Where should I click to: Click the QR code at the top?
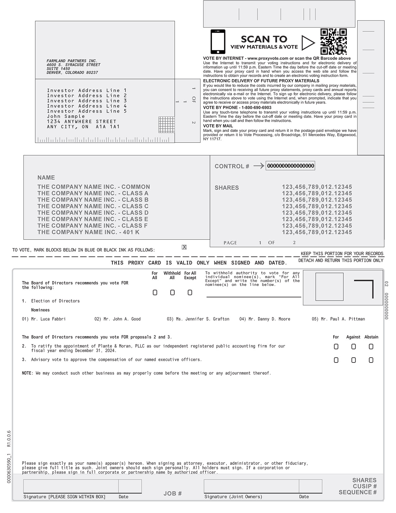[x=333, y=42]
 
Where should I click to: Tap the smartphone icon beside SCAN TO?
[x=218, y=42]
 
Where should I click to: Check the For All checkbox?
[x=155, y=293]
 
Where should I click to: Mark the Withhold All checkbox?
[x=172, y=293]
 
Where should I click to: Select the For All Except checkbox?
[x=190, y=293]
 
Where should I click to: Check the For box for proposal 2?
[x=336, y=347]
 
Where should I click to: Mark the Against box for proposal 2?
[x=353, y=347]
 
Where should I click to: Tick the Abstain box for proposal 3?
[x=371, y=360]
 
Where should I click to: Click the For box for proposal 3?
[x=336, y=360]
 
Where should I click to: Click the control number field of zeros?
[x=290, y=166]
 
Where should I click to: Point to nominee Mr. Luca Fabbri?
[x=48, y=319]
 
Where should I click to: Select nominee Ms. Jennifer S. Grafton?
[x=203, y=319]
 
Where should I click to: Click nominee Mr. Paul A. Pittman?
[x=343, y=319]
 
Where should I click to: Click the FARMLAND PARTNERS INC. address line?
[x=72, y=61]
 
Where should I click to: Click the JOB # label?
[x=172, y=493]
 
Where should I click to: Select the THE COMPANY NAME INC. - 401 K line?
[x=88, y=232]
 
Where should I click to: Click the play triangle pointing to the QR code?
[x=308, y=43]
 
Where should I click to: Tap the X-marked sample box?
[x=184, y=247]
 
